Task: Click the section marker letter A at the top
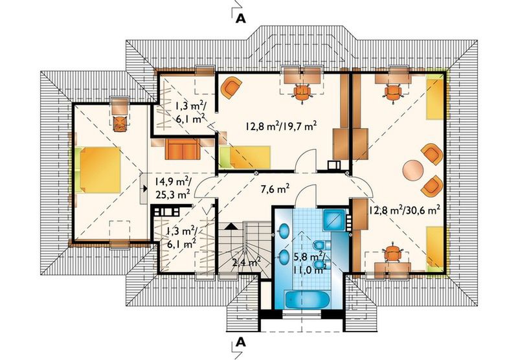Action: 241,18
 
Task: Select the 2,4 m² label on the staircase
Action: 246,262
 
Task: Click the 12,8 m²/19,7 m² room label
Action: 280,126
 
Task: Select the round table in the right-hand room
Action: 413,170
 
